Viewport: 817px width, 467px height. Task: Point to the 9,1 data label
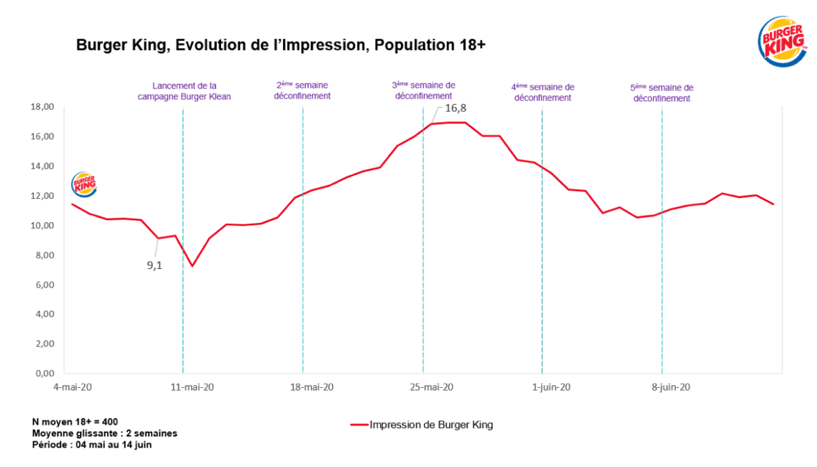[x=154, y=265]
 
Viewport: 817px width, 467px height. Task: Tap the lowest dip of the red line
[x=192, y=266]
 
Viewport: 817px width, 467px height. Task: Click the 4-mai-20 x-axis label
[x=75, y=387]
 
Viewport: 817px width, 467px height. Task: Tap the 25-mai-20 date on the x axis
[x=430, y=387]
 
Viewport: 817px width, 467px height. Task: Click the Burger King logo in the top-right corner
[x=782, y=42]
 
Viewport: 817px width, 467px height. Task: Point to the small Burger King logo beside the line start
[x=84, y=184]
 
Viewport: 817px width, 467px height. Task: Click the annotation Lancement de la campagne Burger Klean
[x=184, y=91]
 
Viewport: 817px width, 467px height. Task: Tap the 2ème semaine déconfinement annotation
[x=302, y=90]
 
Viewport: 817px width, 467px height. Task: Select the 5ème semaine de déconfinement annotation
[x=661, y=93]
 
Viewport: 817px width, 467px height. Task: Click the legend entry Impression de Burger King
[x=431, y=425]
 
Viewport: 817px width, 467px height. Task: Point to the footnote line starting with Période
[x=92, y=444]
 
